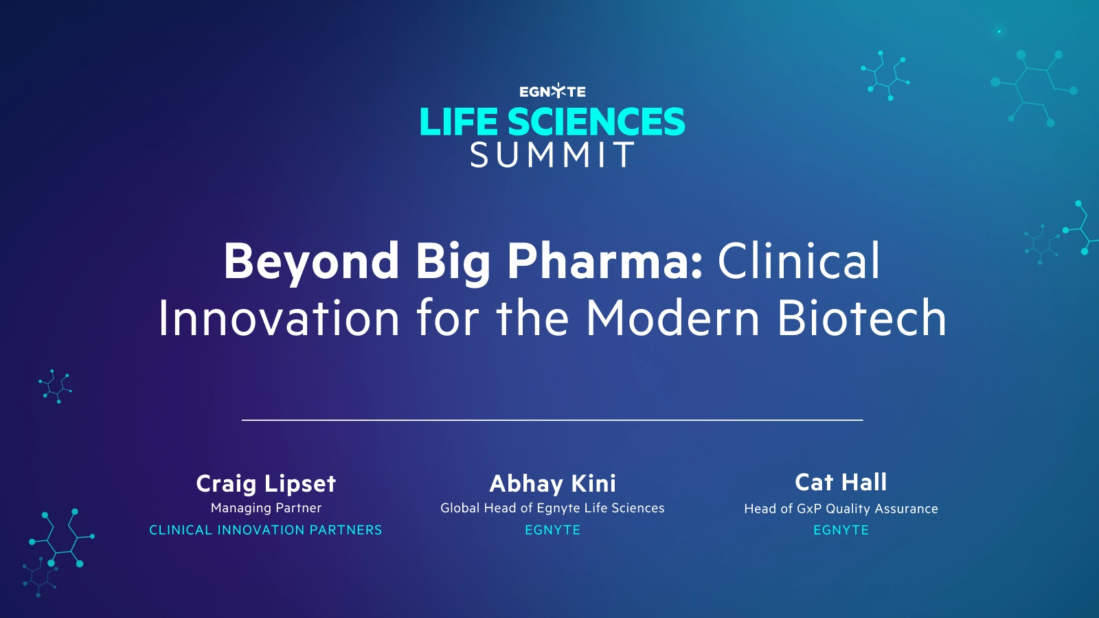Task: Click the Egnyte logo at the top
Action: [x=552, y=91]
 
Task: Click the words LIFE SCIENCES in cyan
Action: [x=552, y=122]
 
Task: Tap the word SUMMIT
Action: [x=552, y=155]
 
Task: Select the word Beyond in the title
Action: [x=311, y=262]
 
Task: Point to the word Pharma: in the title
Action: [x=604, y=262]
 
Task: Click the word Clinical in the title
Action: [x=798, y=262]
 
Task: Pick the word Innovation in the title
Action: [x=279, y=319]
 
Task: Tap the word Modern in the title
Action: [x=672, y=319]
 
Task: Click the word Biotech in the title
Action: [x=862, y=319]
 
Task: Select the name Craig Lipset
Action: [x=266, y=483]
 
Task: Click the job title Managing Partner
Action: [x=266, y=508]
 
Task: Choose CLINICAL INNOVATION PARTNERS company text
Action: [x=266, y=530]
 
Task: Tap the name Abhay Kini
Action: [x=552, y=483]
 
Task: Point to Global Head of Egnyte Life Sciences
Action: [x=552, y=508]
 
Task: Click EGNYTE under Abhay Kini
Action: [x=552, y=530]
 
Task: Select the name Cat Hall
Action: [x=841, y=482]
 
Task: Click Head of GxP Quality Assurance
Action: [x=841, y=509]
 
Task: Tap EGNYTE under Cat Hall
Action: [x=841, y=530]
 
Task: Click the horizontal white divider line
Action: [x=552, y=420]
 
